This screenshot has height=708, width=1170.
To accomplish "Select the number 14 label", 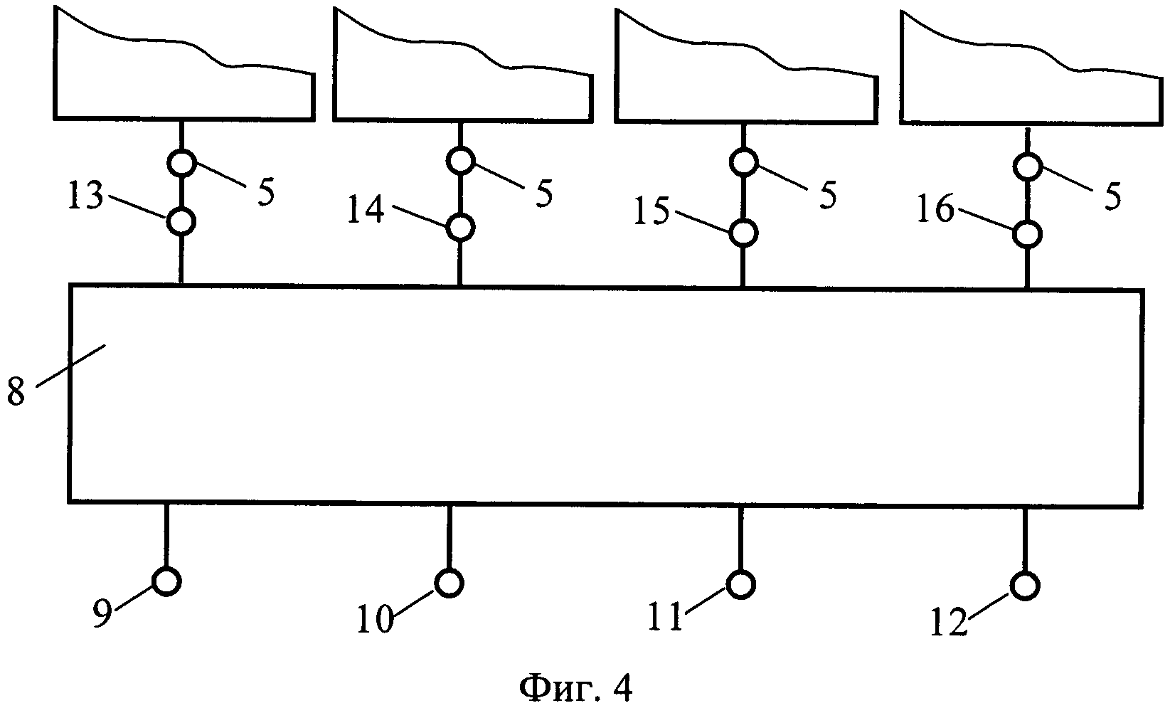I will [366, 212].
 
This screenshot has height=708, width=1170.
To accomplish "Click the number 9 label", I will [104, 614].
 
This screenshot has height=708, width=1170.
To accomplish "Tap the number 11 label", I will [666, 618].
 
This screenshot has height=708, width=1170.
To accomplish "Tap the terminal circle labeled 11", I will [740, 584].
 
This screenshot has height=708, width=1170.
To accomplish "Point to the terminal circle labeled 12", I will [1024, 586].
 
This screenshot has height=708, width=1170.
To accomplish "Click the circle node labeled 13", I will [181, 222].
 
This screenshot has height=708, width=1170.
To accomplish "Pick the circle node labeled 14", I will [461, 227].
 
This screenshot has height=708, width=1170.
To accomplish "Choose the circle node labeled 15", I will [743, 231].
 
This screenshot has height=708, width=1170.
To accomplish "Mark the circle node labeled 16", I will [1026, 233].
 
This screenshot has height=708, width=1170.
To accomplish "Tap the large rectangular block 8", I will [605, 395].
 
